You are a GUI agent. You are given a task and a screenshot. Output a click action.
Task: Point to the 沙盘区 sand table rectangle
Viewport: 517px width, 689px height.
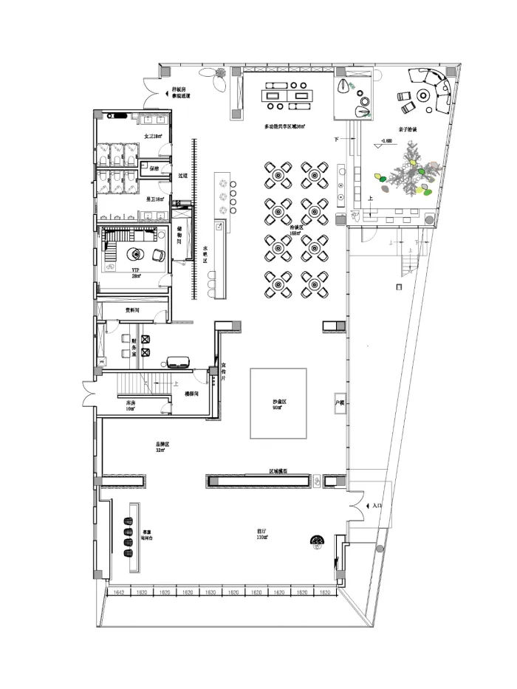coord(278,403)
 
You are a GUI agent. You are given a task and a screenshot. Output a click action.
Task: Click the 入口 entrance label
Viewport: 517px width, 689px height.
coord(377,506)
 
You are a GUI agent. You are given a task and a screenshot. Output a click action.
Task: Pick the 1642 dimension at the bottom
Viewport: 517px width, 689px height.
coord(119,592)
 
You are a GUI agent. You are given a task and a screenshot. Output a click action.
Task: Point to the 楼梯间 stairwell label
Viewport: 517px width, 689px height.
coord(193,394)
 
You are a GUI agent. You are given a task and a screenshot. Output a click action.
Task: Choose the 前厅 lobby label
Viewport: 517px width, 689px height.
coord(261,533)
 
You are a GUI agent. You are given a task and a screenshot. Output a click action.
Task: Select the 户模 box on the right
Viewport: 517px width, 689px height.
coord(340,403)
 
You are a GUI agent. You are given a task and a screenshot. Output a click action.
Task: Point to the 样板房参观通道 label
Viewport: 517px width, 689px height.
coord(181,92)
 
